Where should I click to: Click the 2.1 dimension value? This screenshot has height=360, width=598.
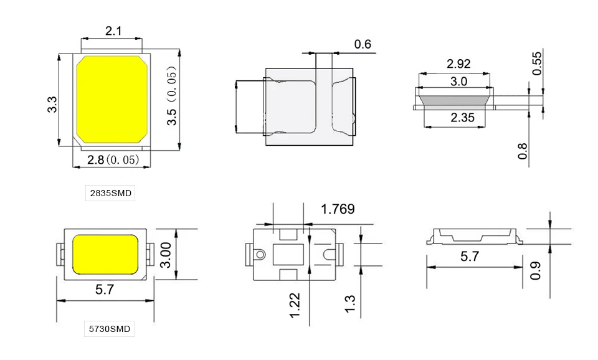coord(113,31)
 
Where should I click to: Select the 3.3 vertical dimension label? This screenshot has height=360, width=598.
coord(52,105)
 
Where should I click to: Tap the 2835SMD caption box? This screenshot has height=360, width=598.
coord(110,193)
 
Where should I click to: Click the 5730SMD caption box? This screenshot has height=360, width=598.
coord(110,329)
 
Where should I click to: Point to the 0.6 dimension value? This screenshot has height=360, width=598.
coord(363,44)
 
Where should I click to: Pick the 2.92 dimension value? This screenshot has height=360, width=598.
coord(458,64)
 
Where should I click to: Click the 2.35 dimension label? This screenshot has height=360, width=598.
coord(462,118)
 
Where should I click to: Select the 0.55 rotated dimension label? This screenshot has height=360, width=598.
coord(536,64)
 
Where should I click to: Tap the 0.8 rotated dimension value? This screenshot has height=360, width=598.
coord(523,151)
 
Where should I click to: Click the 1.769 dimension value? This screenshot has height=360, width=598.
coord(338,209)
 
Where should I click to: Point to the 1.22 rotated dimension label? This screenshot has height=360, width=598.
coord(295,305)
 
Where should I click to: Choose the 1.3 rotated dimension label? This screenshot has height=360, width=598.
coord(349,304)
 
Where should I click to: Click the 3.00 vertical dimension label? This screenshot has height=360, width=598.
coord(166,255)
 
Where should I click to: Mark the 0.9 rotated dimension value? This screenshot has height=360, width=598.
coord(536,270)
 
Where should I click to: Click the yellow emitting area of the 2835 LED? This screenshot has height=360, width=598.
coord(112,100)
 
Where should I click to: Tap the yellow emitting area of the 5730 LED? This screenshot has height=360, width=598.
coord(105,254)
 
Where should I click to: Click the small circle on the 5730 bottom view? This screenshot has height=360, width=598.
coord(260,254)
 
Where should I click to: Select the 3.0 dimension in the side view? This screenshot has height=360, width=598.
coord(458,81)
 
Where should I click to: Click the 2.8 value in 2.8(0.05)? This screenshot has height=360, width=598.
coord(95,160)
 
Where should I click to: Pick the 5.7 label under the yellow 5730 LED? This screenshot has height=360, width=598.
coord(105,290)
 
